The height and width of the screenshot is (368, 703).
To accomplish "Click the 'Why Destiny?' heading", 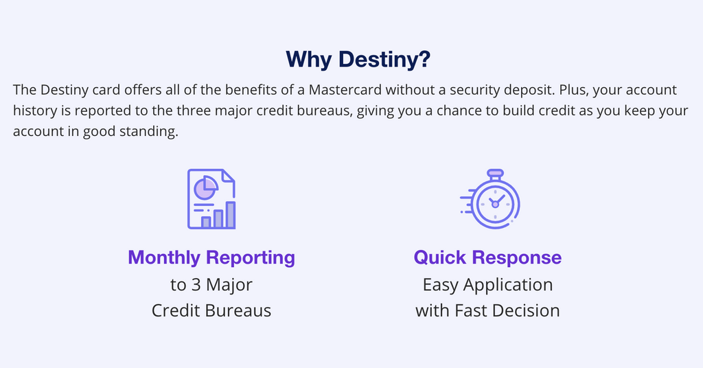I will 358,60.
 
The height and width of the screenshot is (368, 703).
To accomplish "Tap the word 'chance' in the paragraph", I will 452,111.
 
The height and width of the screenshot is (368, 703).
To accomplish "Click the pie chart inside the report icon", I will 205,187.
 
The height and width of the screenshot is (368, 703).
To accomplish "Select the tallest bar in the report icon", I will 231,215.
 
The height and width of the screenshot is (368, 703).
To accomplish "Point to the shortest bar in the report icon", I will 205,222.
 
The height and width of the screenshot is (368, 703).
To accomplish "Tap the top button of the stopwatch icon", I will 494,173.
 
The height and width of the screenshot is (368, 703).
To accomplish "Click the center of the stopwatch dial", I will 494,205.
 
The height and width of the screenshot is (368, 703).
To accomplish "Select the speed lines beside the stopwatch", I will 467,203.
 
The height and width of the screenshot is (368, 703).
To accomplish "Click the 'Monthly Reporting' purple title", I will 211,258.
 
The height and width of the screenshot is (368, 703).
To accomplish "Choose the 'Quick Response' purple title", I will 487,258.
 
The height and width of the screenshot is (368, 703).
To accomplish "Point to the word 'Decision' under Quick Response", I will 528,310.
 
